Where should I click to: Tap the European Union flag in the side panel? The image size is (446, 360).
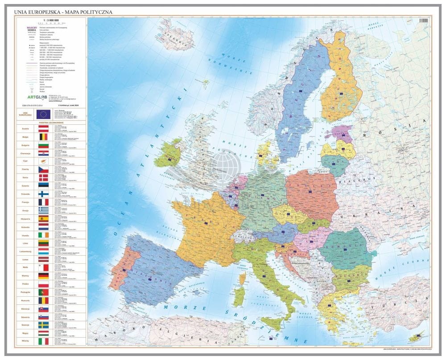tap(43, 115)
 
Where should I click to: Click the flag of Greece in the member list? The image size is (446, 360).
tap(43, 209)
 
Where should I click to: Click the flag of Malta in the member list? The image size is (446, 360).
tap(43, 267)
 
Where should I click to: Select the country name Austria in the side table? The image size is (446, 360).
tap(25, 129)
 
